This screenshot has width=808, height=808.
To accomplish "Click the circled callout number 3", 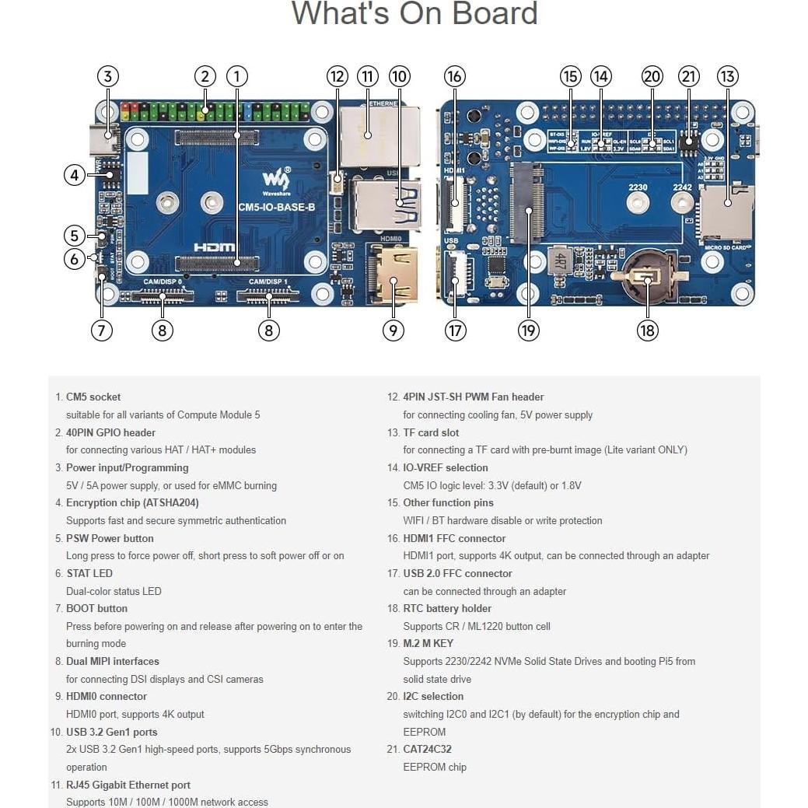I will pyautogui.click(x=108, y=76).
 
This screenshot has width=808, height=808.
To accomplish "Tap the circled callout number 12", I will pyautogui.click(x=337, y=76).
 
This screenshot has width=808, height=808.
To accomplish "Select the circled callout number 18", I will pyautogui.click(x=647, y=330).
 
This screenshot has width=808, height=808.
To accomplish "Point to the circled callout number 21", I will pyautogui.click(x=689, y=76).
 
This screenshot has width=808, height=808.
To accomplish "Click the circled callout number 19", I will pyautogui.click(x=528, y=330).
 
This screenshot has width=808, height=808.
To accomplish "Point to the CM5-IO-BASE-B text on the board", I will pyautogui.click(x=276, y=207).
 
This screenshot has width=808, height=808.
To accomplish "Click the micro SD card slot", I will pyautogui.click(x=726, y=204).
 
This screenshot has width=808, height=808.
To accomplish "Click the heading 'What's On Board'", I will pyautogui.click(x=414, y=14).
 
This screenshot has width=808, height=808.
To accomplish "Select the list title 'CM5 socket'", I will pyautogui.click(x=93, y=397).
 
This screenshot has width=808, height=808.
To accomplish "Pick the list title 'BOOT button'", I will pyautogui.click(x=96, y=609).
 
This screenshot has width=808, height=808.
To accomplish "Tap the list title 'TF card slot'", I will pyautogui.click(x=431, y=432).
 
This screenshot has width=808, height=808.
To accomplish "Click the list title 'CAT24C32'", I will pyautogui.click(x=427, y=750).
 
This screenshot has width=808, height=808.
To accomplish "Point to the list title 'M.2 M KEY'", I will pyautogui.click(x=428, y=644).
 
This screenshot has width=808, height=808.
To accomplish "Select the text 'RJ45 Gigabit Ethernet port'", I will pyautogui.click(x=128, y=785).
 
